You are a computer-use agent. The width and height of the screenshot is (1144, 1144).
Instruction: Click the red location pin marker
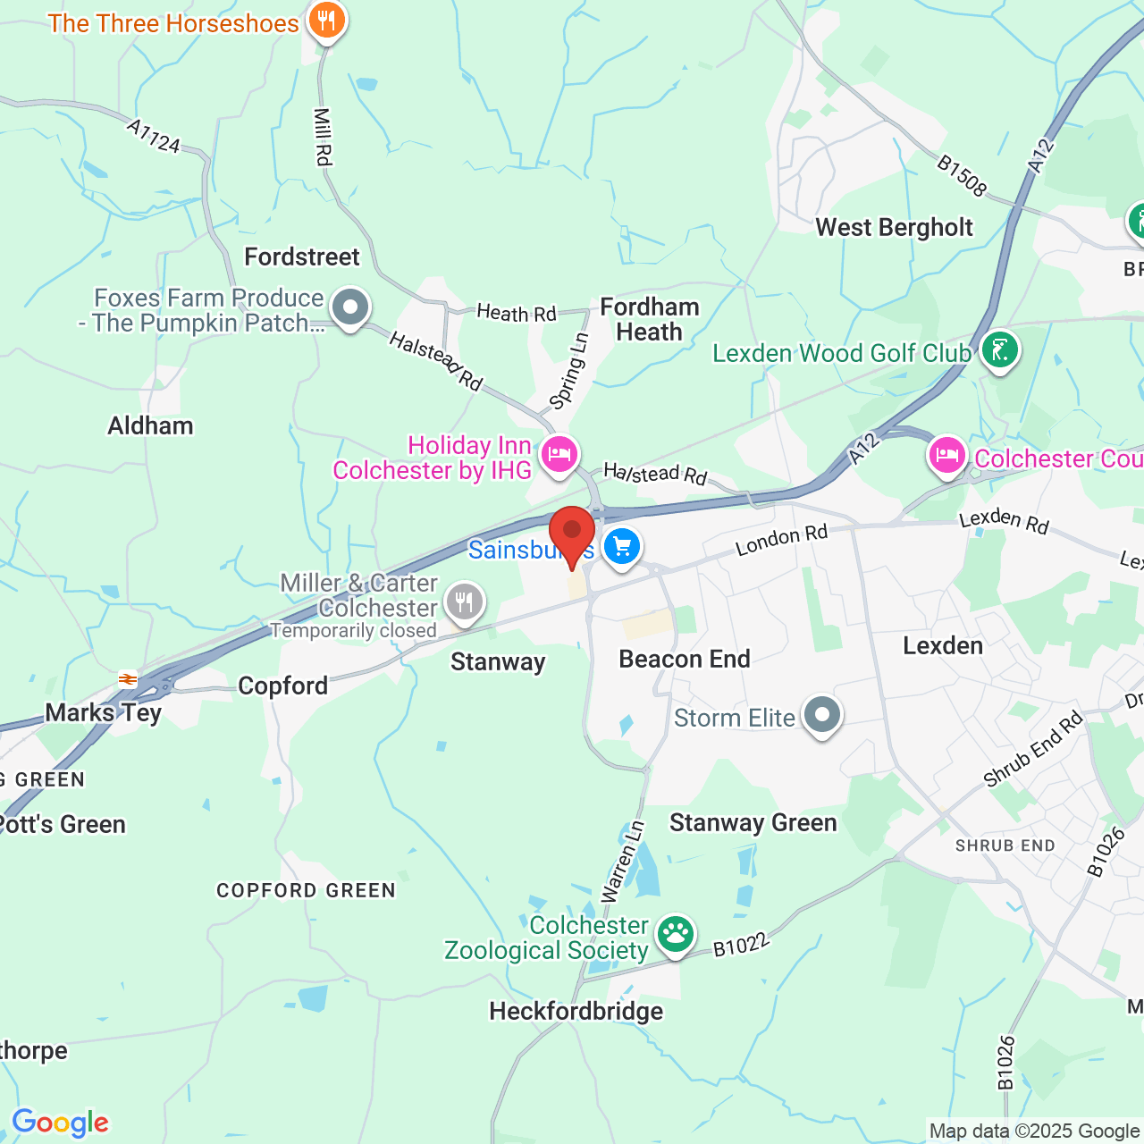572,534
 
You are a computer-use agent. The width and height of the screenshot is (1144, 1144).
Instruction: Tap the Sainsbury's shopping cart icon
622,546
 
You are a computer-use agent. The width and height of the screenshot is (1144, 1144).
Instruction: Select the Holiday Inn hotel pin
559,454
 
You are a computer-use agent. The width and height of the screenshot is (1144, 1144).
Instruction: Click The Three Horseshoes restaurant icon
327,20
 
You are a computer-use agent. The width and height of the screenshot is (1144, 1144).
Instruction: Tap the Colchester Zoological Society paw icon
675,935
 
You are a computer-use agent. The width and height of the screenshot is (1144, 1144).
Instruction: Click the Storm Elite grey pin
821,715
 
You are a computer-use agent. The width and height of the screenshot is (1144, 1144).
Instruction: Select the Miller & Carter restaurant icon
464,602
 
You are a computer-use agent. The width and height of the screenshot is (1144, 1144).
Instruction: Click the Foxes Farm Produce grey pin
350,307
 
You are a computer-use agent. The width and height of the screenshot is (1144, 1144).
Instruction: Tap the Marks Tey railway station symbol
128,678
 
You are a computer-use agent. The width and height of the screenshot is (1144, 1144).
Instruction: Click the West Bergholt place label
894,227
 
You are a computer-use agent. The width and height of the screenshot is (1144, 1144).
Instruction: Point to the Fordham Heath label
649,319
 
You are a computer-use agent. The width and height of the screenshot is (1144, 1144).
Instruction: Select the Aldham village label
150,425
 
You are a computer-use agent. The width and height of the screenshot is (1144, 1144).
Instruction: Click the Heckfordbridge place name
576,1011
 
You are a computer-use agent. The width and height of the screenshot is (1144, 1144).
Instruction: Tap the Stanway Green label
753,822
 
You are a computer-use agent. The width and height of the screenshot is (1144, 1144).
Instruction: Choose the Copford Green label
306,890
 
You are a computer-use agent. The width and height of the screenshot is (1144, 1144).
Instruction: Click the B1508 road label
962,175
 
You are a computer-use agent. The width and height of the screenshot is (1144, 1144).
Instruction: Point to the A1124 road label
153,136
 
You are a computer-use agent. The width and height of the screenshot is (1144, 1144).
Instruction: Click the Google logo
60,1123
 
